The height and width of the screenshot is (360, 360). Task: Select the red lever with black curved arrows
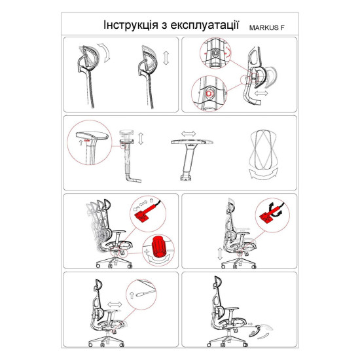271,211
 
